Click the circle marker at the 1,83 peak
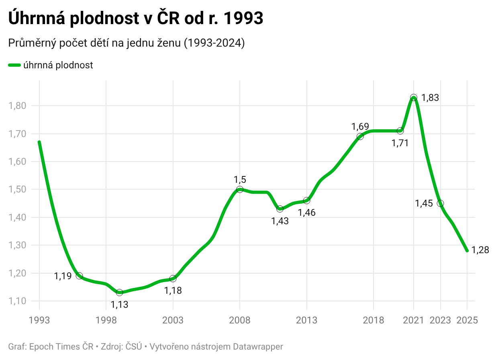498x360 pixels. click(x=414, y=98)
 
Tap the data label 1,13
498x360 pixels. click(x=119, y=305)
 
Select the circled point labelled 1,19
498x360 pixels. click(x=79, y=276)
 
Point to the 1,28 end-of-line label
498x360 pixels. click(x=480, y=250)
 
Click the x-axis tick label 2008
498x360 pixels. click(x=240, y=320)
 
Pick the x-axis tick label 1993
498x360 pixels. click(x=39, y=320)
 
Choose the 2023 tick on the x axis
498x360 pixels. click(x=441, y=320)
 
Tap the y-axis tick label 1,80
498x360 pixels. click(x=17, y=106)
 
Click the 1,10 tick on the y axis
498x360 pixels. click(x=17, y=301)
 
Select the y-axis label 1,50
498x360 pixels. click(x=17, y=189)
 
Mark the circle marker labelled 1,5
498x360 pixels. click(x=240, y=189)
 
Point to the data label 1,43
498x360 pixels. click(x=280, y=221)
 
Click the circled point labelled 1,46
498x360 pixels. click(x=307, y=200)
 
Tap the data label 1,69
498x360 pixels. click(x=360, y=127)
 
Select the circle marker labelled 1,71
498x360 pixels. click(x=400, y=131)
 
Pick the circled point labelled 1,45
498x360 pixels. click(x=441, y=203)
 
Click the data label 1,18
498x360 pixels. click(x=173, y=290)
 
